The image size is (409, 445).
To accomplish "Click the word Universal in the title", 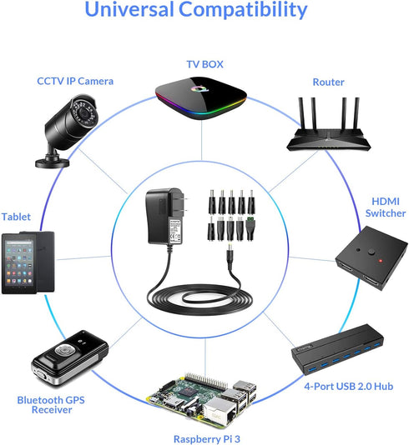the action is [x=129, y=9].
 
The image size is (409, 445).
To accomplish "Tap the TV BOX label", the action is [x=204, y=64].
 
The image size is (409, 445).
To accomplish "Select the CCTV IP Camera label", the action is [x=75, y=81].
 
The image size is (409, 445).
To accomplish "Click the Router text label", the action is [x=328, y=82].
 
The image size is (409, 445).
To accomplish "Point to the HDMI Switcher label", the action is [x=386, y=207].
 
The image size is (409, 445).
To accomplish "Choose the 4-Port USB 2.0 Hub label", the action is [x=348, y=387].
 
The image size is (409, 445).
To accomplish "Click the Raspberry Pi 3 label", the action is [x=207, y=439].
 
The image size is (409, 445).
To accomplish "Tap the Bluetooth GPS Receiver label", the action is [x=51, y=405].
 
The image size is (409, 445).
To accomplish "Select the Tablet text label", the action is [x=16, y=217].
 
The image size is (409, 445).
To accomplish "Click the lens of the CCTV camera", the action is [x=84, y=113].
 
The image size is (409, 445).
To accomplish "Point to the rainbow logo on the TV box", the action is [x=199, y=89].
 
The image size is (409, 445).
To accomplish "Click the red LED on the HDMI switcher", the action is [x=381, y=261].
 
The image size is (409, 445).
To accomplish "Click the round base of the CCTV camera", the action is [x=53, y=162].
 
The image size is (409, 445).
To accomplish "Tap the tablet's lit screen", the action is [x=19, y=262].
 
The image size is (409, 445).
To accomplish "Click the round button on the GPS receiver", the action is [x=65, y=349].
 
